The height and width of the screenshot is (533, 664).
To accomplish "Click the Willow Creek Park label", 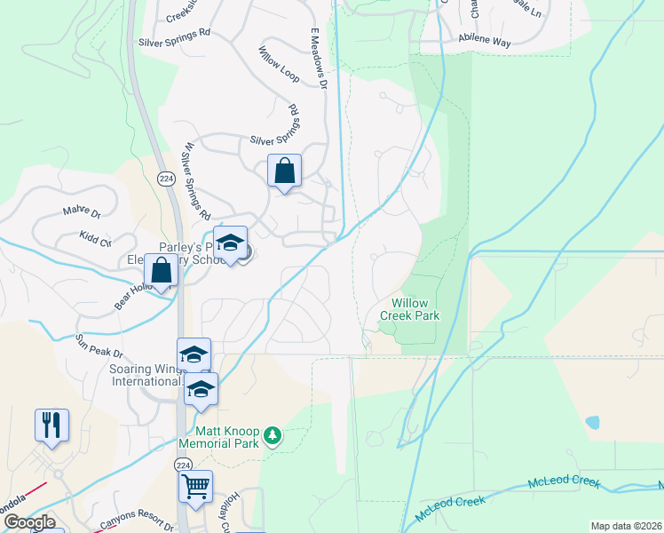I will coord(410,309).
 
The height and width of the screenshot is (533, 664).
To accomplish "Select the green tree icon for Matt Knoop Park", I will coord(273,435).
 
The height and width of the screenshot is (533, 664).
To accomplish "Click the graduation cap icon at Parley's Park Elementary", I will coord(230,243).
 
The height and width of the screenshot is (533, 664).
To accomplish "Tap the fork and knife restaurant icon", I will coord(51,425).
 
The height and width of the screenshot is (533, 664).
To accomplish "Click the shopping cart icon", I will coord(194,487).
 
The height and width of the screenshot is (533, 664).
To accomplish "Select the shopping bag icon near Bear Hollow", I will coord(161,269).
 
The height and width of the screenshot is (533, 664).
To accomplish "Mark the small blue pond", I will coord(592,422).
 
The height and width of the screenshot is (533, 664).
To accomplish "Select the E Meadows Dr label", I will coord(317,58).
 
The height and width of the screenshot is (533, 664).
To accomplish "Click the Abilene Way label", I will coord(485,39).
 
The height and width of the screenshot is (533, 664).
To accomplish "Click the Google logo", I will coord(29,522).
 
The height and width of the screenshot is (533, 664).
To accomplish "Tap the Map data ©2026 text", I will coord(626,526).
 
